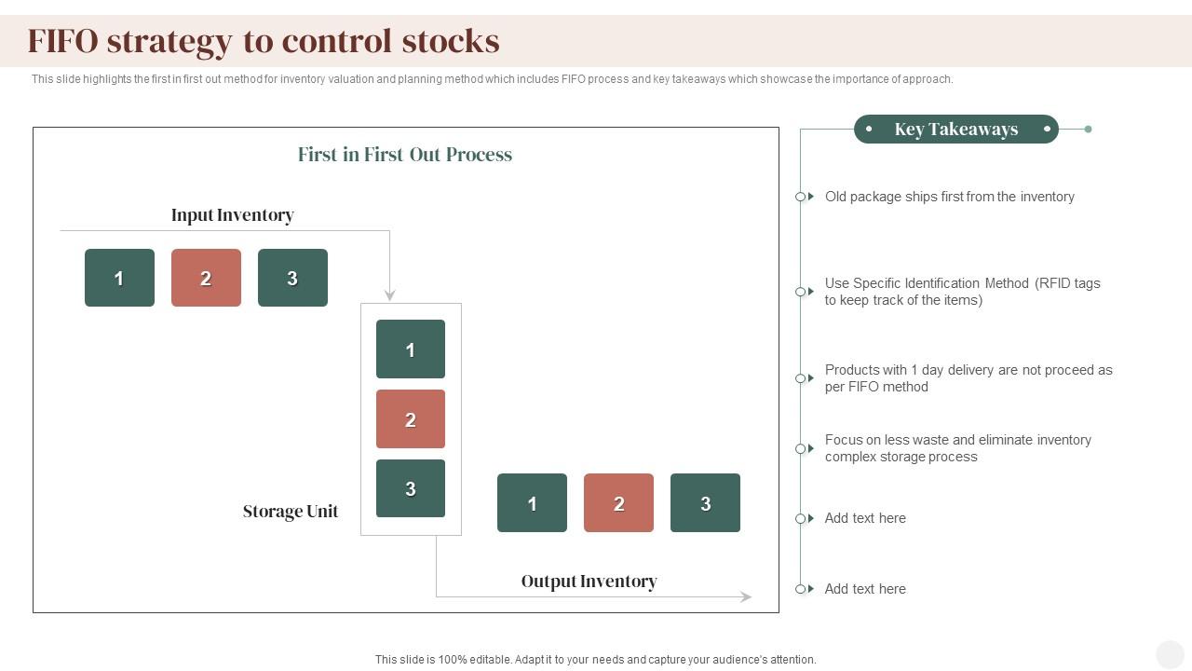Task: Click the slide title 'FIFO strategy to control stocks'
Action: pyautogui.click(x=264, y=41)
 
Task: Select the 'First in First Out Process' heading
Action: pyautogui.click(x=405, y=155)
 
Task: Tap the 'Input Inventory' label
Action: pyautogui.click(x=233, y=215)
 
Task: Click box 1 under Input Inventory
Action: pyautogui.click(x=119, y=278)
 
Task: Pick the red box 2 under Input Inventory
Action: pyautogui.click(x=206, y=278)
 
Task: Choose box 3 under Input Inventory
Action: pyautogui.click(x=292, y=278)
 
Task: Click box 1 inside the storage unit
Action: pyautogui.click(x=411, y=349)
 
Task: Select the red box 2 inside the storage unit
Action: pyautogui.click(x=411, y=419)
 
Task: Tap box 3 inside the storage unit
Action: pyautogui.click(x=411, y=488)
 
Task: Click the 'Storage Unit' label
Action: pyautogui.click(x=291, y=512)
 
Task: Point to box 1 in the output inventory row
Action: pyautogui.click(x=532, y=503)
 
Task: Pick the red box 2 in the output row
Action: pyautogui.click(x=618, y=503)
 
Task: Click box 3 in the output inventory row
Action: pyautogui.click(x=705, y=503)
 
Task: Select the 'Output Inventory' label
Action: pyautogui.click(x=589, y=582)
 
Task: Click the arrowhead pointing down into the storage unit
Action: pyautogui.click(x=389, y=295)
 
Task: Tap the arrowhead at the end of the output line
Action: pyautogui.click(x=746, y=596)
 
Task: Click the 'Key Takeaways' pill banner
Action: pyautogui.click(x=956, y=130)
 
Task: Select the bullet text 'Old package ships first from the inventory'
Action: pyautogui.click(x=950, y=197)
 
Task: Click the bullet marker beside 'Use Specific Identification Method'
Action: pyautogui.click(x=801, y=292)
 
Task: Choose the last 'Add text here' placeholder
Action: pyautogui.click(x=865, y=589)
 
